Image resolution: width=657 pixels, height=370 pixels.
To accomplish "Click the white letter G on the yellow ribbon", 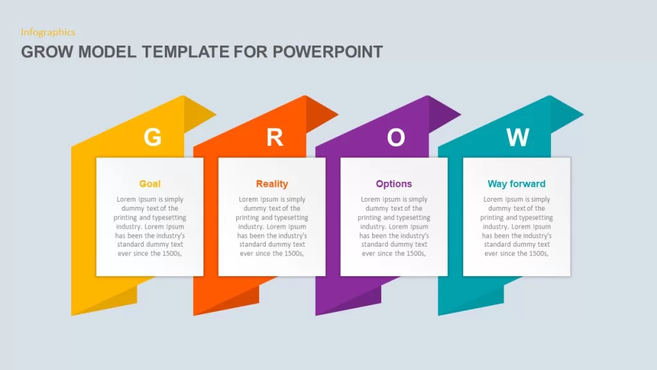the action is coord(153,137).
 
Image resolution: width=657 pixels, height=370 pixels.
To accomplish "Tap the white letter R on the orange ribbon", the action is coord(275,137).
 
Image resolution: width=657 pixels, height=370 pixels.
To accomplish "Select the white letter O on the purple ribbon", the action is coord(396,137).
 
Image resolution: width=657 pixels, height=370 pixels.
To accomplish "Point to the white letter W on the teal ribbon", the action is coord(518,137).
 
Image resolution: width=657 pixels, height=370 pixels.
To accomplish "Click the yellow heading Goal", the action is coord(149,184).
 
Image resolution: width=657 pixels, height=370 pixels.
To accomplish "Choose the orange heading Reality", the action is coord(272,184).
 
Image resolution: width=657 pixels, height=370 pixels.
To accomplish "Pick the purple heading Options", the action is coord(394,184).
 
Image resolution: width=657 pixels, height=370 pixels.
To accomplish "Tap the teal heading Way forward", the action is coord(516,184).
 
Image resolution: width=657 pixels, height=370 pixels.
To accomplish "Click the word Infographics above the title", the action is coord(48,32).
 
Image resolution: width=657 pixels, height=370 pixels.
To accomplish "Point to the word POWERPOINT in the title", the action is coord(328,52).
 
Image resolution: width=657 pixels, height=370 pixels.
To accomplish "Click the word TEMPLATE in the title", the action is coord(185,52).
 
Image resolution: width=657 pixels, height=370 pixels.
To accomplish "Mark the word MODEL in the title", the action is coord(107,52).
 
